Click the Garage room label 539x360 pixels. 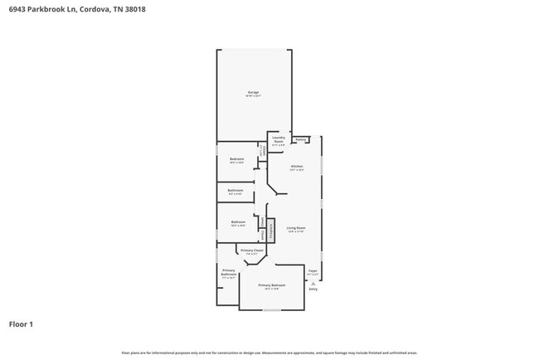253,93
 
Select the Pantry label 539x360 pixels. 302,140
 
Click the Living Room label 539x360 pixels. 296,229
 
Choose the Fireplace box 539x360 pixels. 270,230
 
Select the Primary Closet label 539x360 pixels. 252,251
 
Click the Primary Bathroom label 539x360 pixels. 228,274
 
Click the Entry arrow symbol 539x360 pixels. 313,282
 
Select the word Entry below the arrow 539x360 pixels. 313,289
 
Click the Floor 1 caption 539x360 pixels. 21,324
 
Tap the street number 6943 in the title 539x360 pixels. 16,8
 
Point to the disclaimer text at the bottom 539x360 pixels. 269,352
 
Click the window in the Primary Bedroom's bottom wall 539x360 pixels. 271,310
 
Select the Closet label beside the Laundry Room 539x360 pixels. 263,151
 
